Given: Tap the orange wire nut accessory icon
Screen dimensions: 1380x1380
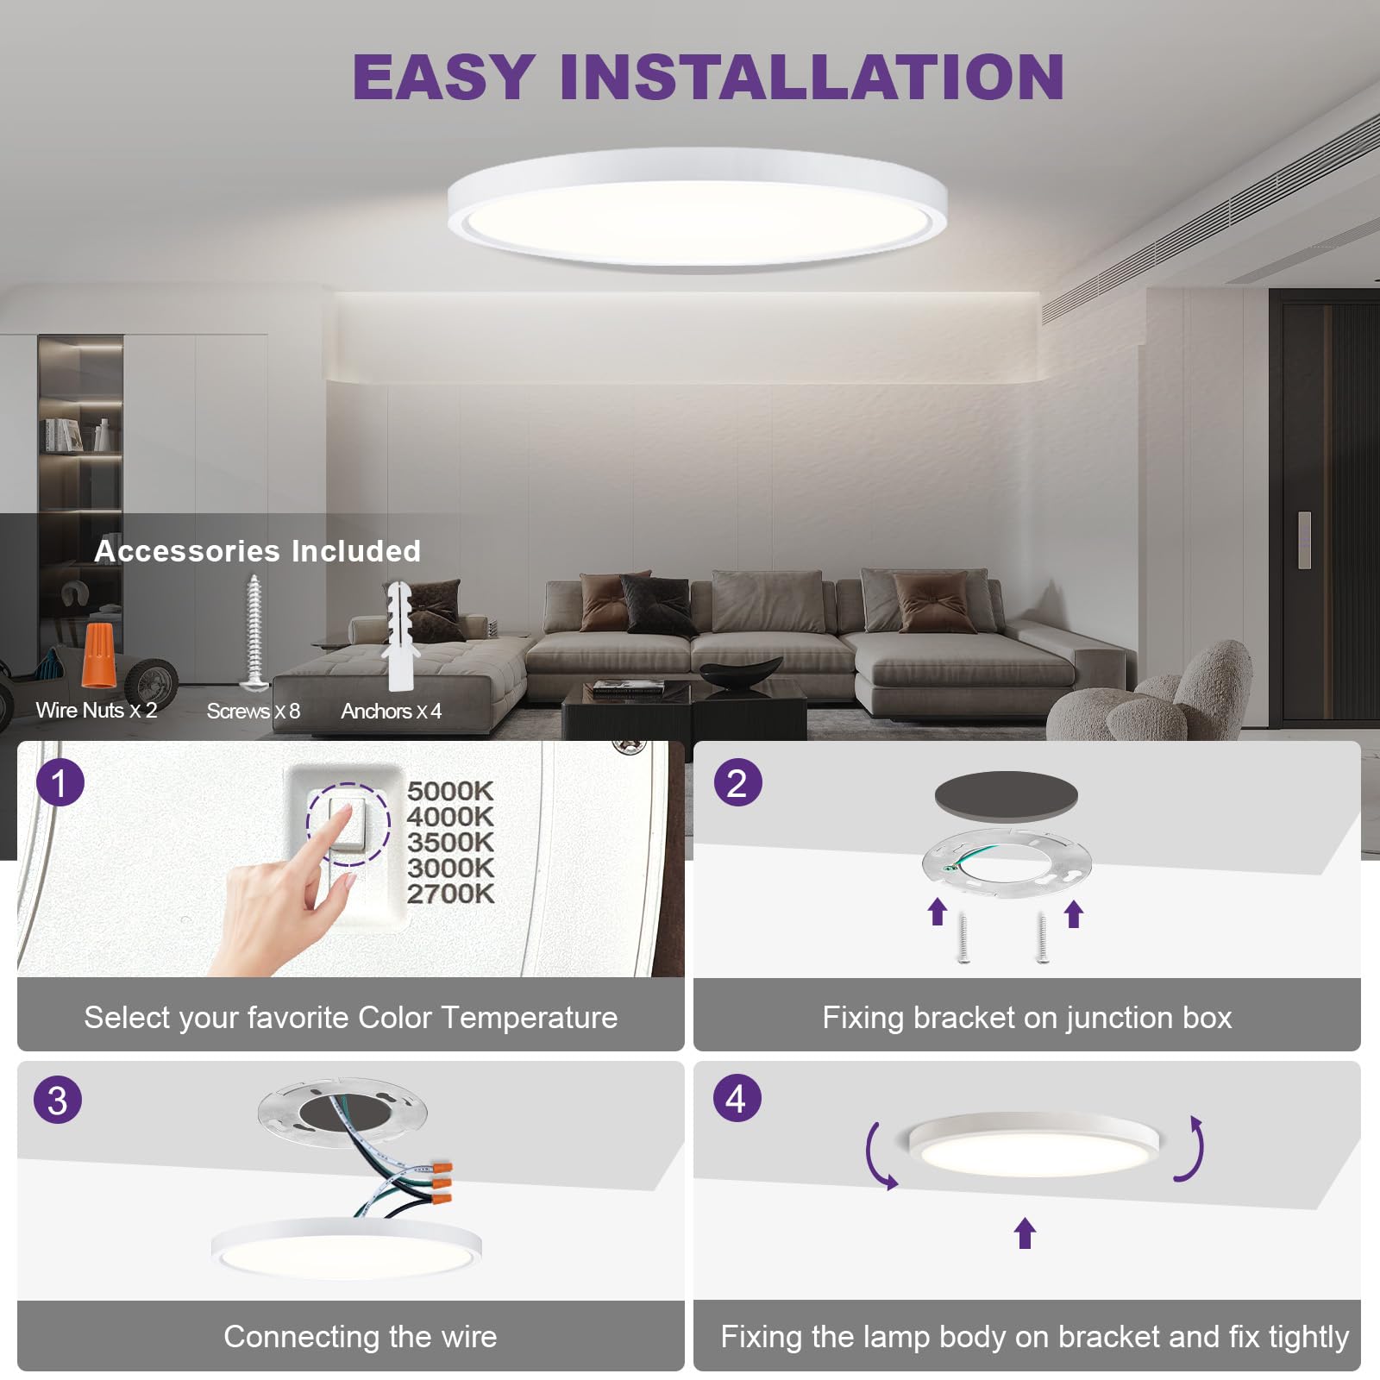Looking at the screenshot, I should coord(98,655).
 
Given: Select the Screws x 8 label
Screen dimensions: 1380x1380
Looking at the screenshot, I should coord(253,712).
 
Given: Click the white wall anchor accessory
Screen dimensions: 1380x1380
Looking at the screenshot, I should coord(400,637).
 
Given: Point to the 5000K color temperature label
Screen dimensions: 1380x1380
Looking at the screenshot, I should coord(450,791).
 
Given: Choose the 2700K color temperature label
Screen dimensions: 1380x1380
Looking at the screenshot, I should coord(450,894).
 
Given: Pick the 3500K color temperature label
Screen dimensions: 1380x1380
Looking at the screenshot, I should coord(450,843).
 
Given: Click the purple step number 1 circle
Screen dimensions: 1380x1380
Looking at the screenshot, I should coord(60,783).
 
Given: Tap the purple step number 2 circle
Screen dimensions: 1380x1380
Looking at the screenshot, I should coord(737,783).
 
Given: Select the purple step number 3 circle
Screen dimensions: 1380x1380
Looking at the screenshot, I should coord(58,1101).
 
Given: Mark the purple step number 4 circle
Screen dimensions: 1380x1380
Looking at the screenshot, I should coord(737,1099).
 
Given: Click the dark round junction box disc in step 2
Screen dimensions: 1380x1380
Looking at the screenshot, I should coord(1006,795).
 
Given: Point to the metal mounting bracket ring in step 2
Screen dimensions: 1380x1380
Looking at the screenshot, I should coord(1007,861).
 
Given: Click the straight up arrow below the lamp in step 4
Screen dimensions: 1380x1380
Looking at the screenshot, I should coord(1025,1233).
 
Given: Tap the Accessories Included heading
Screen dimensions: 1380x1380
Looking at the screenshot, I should coord(257,551).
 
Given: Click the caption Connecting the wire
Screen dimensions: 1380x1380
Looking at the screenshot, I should coord(360,1337).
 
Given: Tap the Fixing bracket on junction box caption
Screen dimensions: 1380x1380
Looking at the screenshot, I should coord(1026,1018).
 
